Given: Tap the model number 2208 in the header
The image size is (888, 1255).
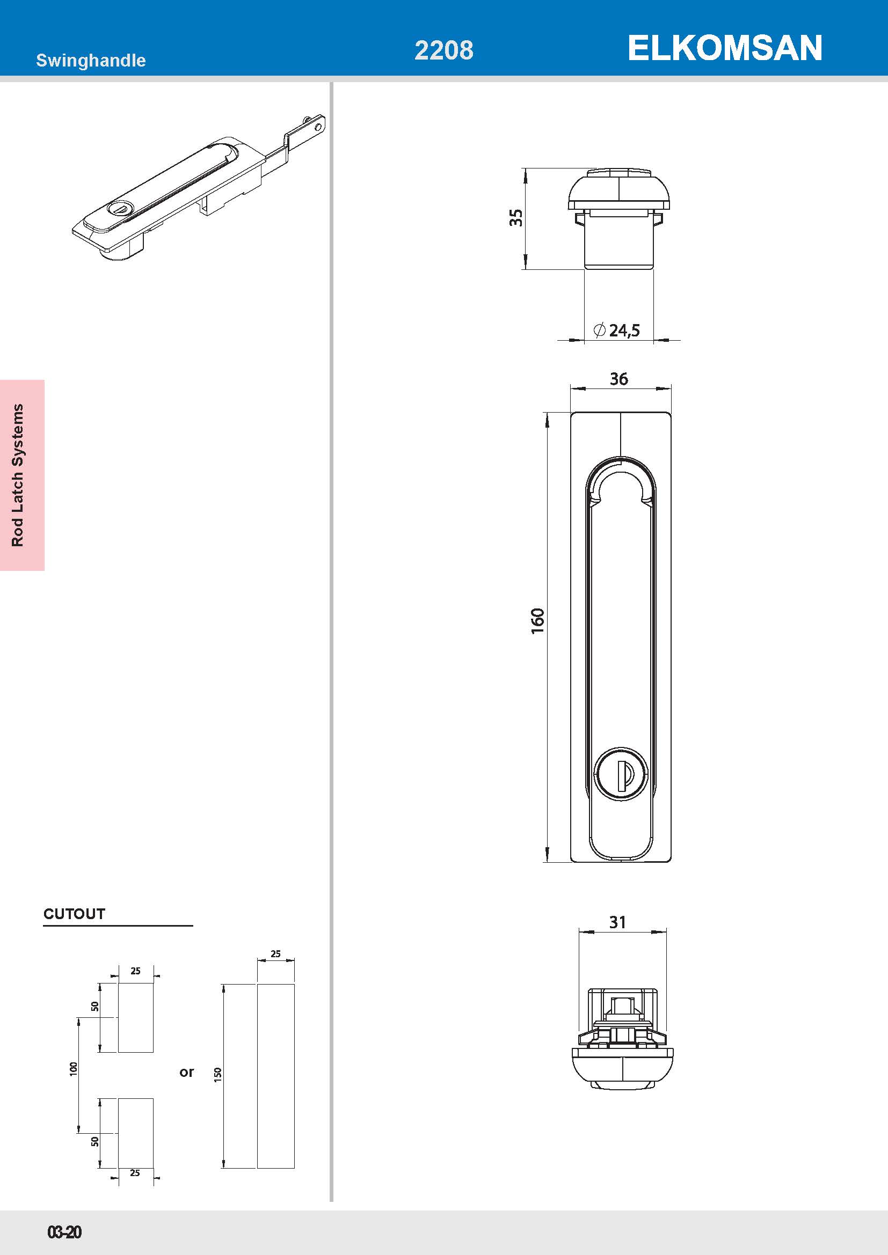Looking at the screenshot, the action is click(x=444, y=50).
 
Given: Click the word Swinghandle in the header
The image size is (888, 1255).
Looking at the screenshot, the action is click(x=91, y=60).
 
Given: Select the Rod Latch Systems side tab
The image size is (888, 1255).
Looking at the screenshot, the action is click(x=18, y=475).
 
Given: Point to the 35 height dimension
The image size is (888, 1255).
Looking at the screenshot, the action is click(x=515, y=217).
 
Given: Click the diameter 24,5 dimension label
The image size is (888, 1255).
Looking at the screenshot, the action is click(x=617, y=330).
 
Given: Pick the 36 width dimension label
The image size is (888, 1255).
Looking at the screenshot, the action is click(x=619, y=379).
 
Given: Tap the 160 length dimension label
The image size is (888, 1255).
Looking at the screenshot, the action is click(x=538, y=620).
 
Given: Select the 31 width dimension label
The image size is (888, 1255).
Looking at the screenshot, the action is click(x=617, y=922).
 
